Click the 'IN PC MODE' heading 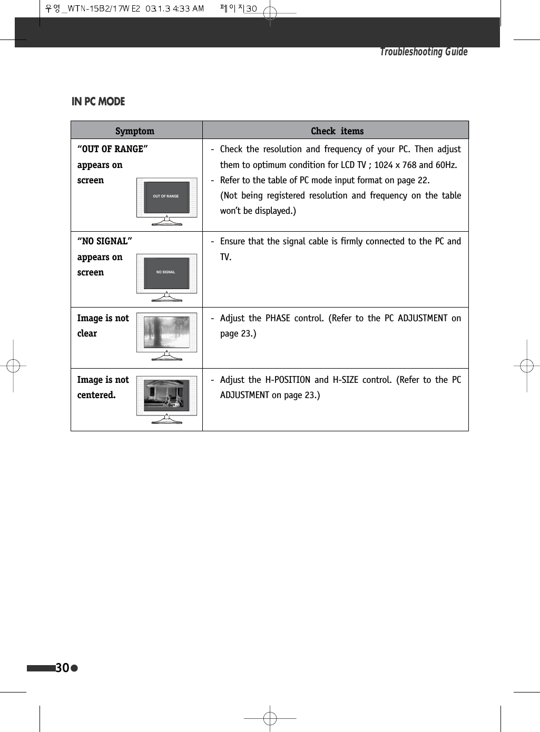[x=98, y=102]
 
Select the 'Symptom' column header [x=135, y=131]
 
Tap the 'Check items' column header [x=337, y=131]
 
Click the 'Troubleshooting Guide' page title [x=424, y=52]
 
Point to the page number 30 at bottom [x=62, y=668]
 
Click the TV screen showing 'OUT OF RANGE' [x=166, y=196]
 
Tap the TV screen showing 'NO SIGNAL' [x=166, y=272]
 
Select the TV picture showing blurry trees [x=166, y=332]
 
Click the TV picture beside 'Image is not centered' [x=166, y=395]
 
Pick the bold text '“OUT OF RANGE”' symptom [x=112, y=149]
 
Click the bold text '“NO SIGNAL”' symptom [x=104, y=241]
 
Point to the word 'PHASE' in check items [x=278, y=318]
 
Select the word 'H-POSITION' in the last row [x=288, y=380]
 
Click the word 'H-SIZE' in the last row [x=345, y=380]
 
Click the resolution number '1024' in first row [x=384, y=165]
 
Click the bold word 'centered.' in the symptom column [x=96, y=395]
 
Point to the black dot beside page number [x=74, y=668]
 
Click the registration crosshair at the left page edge [x=13, y=365]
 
